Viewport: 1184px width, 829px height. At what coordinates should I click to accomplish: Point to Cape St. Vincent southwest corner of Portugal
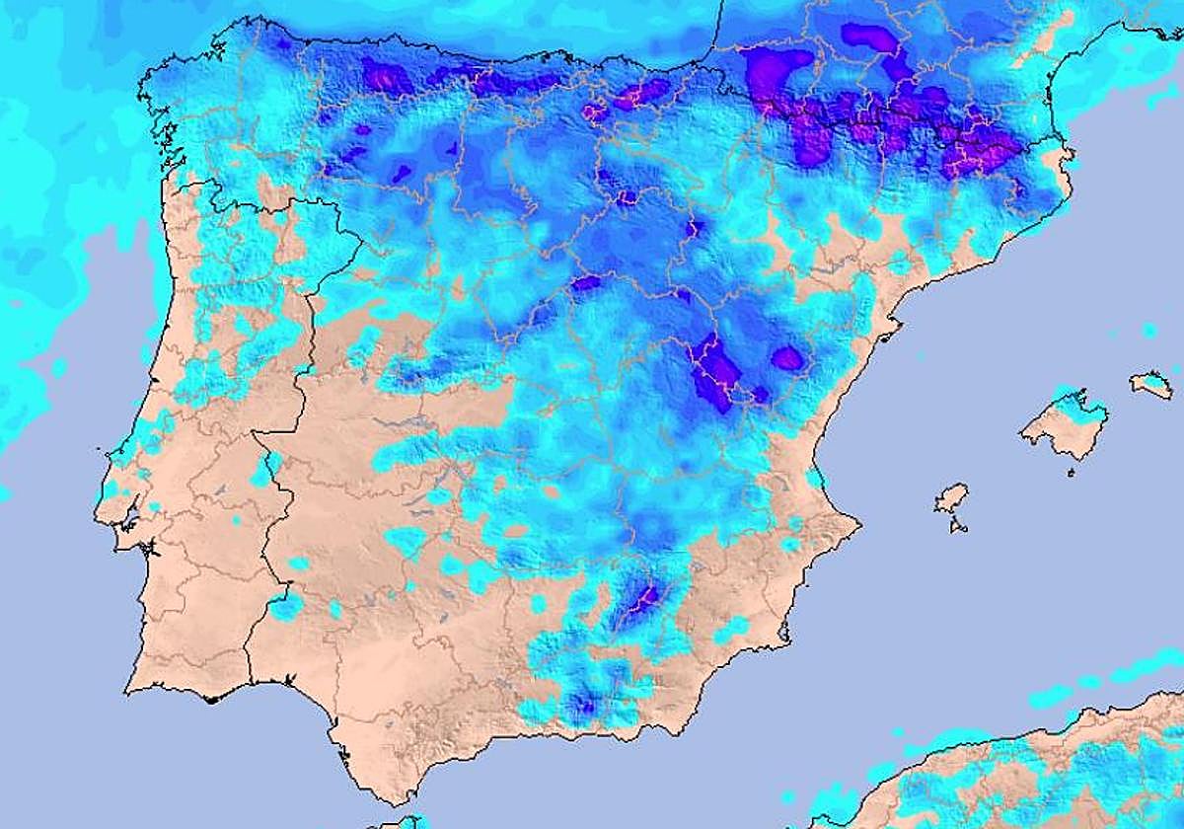[x=127, y=689]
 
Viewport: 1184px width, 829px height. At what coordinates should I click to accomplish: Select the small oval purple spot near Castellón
[x=786, y=358]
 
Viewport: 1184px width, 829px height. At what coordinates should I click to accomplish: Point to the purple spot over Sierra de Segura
[x=647, y=597]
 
